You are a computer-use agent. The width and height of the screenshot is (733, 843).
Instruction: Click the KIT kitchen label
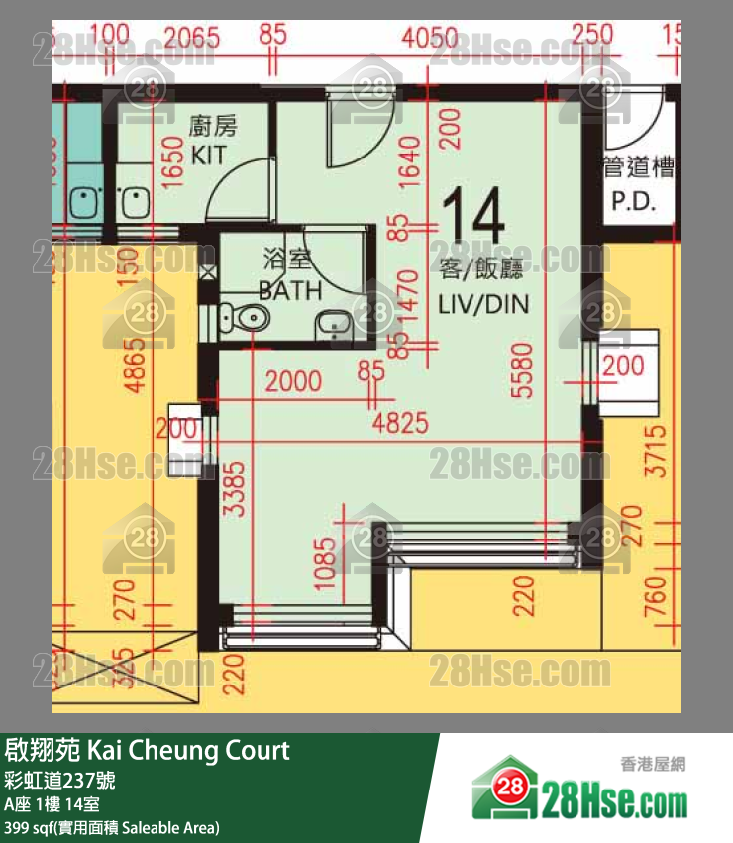[x=209, y=155]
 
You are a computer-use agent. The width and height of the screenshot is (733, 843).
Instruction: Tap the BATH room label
[x=290, y=290]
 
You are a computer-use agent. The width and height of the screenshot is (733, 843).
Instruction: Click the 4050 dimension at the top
[x=431, y=39]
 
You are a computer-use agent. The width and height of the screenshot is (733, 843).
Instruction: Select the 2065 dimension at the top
[x=191, y=39]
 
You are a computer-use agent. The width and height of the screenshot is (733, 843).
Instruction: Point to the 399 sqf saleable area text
[x=112, y=827]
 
